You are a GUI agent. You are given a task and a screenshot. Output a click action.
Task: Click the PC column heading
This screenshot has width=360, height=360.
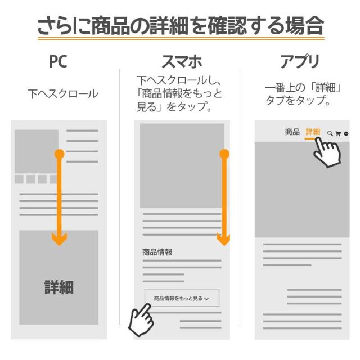pyautogui.click(x=57, y=61)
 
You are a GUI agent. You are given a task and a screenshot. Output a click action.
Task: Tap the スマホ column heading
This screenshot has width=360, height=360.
pyautogui.click(x=182, y=61)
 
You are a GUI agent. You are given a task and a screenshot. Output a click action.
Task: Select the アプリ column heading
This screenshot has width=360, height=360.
pyautogui.click(x=300, y=61)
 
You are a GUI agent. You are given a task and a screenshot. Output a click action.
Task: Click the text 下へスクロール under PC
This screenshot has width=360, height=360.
pyautogui.click(x=63, y=94)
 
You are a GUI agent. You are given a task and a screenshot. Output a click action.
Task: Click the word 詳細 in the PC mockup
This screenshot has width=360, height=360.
pyautogui.click(x=59, y=287)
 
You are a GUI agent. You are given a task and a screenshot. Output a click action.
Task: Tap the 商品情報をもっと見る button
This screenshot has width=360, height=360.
pyautogui.click(x=181, y=298)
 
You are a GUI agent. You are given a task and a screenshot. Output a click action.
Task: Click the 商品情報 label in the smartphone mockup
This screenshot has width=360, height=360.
pyautogui.click(x=157, y=252)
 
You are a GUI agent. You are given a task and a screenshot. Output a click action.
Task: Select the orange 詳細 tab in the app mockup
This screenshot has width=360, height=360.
pyautogui.click(x=313, y=132)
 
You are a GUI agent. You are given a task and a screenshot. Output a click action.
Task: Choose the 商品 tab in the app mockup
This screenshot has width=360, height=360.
pyautogui.click(x=292, y=132)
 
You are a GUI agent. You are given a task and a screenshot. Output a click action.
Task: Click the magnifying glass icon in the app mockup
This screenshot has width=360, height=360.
pyautogui.click(x=330, y=133)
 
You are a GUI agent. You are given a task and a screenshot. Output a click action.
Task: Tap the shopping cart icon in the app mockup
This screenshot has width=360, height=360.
pyautogui.click(x=338, y=133)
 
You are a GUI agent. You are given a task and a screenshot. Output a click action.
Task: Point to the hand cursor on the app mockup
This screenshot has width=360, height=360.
pyautogui.click(x=327, y=152)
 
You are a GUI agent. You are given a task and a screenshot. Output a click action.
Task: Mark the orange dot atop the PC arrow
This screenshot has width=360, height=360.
pyautogui.click(x=59, y=154)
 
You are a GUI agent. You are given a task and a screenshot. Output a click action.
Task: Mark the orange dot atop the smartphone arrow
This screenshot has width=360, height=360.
pyautogui.click(x=224, y=154)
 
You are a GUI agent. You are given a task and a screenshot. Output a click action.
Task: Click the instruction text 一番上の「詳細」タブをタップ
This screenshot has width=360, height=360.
pyautogui.click(x=304, y=94)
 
